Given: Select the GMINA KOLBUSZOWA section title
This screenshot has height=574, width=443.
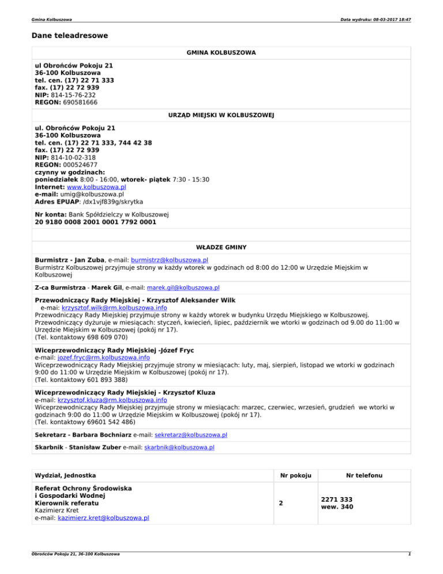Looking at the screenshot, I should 221,53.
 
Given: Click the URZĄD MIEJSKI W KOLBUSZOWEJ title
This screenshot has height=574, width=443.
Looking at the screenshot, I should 221,115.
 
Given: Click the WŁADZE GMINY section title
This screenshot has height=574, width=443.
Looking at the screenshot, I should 221,247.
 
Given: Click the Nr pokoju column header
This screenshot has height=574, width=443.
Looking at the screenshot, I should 295,476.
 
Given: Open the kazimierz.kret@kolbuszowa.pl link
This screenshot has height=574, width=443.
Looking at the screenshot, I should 103,518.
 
